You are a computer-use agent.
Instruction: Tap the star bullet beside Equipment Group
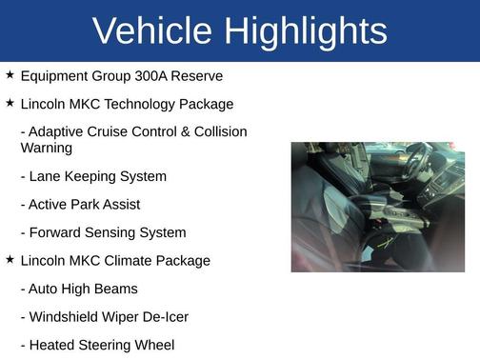pyautogui.click(x=10, y=73)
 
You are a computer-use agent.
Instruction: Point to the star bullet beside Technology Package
pyautogui.click(x=10, y=102)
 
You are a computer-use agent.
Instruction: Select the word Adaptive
pyautogui.click(x=57, y=131)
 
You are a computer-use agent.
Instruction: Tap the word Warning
pyautogui.click(x=46, y=148)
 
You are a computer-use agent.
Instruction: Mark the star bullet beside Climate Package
pyautogui.click(x=10, y=259)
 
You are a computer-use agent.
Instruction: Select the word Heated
pyautogui.click(x=52, y=346)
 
